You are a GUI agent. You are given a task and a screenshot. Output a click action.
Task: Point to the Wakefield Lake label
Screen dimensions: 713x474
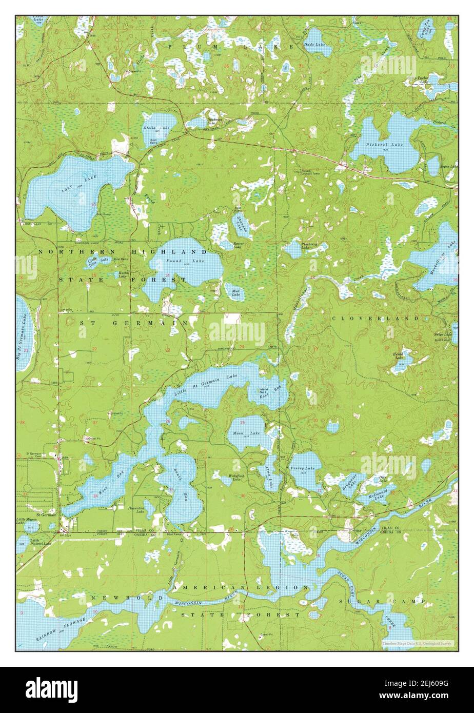pos(236,478)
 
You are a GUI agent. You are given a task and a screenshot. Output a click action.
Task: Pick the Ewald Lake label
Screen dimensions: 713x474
pos(399,355)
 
